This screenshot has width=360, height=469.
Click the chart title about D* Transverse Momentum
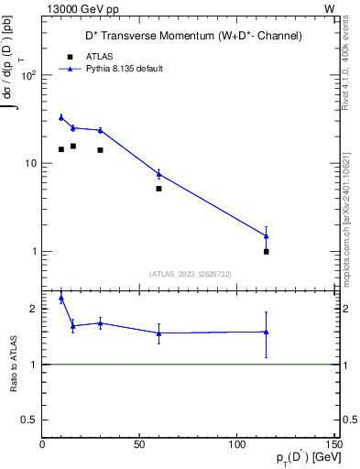[x=190, y=36]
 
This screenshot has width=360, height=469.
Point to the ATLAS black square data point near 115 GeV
[x=267, y=251]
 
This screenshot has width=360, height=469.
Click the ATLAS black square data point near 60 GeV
[x=158, y=189]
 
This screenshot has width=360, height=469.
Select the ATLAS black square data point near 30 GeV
[x=100, y=150]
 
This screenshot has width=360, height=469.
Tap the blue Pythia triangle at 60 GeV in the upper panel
[x=158, y=173]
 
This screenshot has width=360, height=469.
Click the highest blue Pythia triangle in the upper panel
[x=61, y=117]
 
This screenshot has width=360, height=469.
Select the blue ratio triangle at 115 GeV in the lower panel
[x=267, y=332]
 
